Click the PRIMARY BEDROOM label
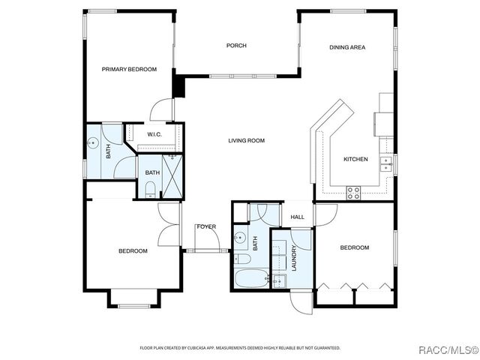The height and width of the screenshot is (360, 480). click(129, 69)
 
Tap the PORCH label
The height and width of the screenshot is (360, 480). click(236, 46)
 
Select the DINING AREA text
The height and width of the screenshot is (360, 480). click(347, 47)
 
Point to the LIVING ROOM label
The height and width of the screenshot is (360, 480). click(247, 140)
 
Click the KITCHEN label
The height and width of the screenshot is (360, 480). click(355, 159)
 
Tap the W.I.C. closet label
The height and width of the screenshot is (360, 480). click(154, 135)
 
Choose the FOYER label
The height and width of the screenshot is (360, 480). click(206, 226)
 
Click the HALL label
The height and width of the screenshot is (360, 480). click(298, 217)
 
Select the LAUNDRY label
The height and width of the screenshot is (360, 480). click(294, 259)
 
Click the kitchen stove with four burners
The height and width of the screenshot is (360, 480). click(353, 193)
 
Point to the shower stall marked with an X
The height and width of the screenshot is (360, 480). click(172, 177)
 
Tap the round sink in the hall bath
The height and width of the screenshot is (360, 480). click(240, 240)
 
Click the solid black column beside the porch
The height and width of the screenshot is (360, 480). click(178, 85)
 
